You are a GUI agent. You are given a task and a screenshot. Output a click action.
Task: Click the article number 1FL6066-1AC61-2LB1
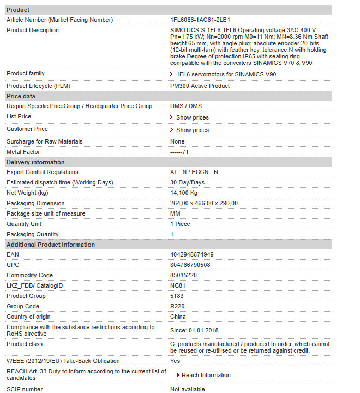(200, 20)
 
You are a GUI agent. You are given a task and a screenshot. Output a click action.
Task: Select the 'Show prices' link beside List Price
(192, 117)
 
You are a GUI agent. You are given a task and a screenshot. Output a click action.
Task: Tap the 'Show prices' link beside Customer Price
(192, 130)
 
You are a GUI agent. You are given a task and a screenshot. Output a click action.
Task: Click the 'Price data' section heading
(21, 96)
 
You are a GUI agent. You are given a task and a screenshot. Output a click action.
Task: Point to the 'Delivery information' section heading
(35, 162)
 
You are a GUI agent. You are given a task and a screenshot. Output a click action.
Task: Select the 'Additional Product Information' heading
(51, 245)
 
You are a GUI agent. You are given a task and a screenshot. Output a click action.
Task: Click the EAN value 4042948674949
(192, 254)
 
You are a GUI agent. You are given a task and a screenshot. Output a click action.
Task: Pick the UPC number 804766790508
(190, 265)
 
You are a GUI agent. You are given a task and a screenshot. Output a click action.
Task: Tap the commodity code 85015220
(183, 275)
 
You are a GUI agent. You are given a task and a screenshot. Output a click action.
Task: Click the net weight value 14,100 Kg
(184, 193)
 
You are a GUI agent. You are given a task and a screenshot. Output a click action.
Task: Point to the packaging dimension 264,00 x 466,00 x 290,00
(204, 203)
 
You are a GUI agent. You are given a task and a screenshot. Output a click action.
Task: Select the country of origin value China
(178, 317)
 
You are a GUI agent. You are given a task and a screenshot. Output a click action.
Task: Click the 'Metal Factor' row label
(23, 152)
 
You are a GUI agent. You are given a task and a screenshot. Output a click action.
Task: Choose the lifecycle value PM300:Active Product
(200, 86)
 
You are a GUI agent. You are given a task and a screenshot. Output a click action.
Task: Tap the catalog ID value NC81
(178, 285)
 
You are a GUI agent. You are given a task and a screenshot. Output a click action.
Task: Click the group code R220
(177, 306)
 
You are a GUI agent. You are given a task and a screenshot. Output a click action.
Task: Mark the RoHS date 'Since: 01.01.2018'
(195, 330)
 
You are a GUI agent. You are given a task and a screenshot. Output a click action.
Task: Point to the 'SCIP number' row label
(25, 389)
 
